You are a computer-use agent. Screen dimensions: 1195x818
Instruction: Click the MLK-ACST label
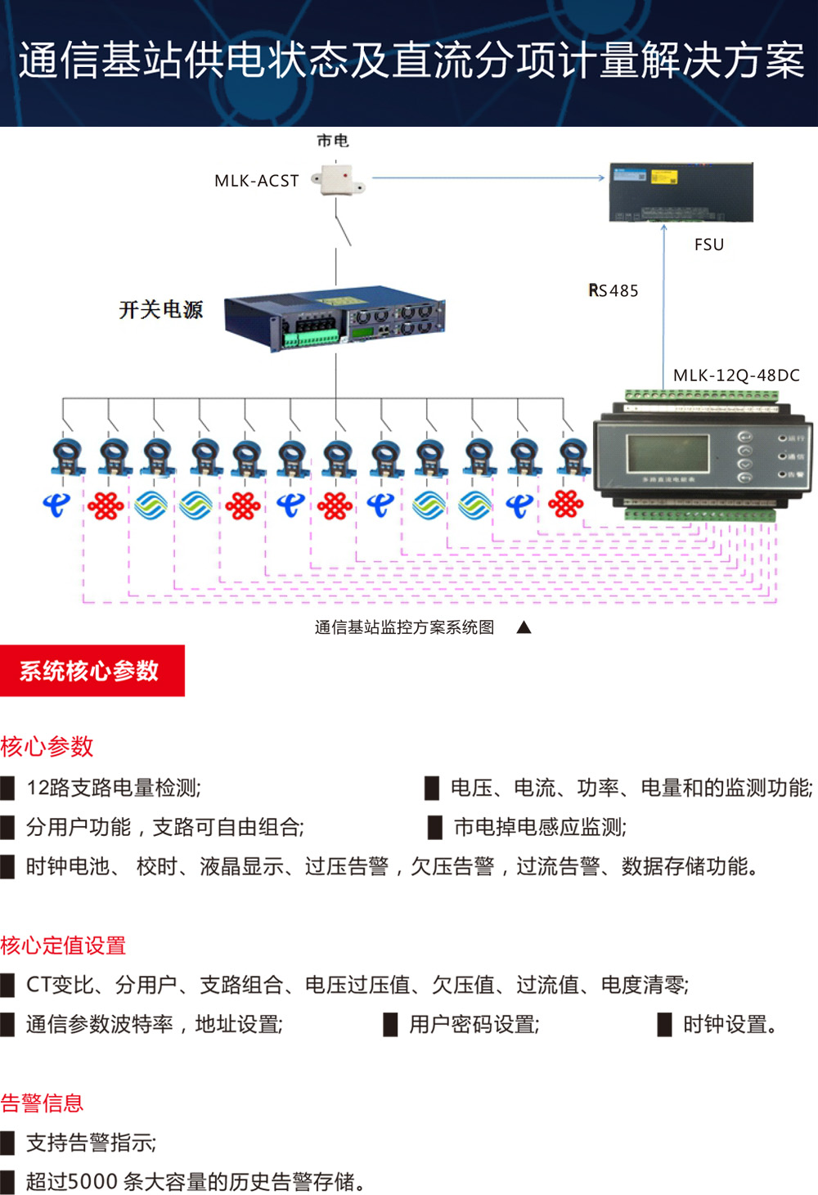[x=256, y=181]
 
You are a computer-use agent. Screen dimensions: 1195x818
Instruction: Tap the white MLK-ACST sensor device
[x=339, y=179]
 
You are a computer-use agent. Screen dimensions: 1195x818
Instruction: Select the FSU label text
[x=708, y=245]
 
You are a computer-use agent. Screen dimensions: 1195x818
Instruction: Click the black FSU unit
[x=681, y=192]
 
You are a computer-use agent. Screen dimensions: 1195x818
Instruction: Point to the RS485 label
[x=613, y=290]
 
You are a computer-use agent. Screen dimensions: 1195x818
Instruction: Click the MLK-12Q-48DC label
[x=736, y=375]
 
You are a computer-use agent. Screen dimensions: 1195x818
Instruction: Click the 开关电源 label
[x=160, y=309]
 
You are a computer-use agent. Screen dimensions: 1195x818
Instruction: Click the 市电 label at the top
[x=333, y=141]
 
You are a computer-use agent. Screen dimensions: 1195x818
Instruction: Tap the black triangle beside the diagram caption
[x=524, y=627]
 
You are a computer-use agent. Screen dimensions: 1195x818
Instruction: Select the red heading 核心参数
[x=47, y=746]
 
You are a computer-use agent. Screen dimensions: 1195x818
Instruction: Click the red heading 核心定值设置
[x=63, y=946]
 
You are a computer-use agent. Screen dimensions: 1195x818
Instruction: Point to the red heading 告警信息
[x=42, y=1103]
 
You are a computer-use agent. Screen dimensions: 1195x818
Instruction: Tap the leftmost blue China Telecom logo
[x=56, y=505]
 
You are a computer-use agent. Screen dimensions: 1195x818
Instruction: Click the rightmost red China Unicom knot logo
[x=566, y=504]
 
